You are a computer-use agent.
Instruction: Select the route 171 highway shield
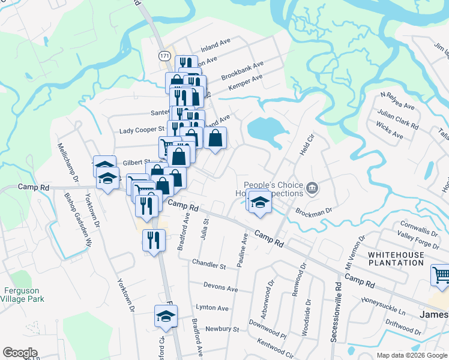pos(164,55)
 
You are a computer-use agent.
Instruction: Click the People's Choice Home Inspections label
pos(274,190)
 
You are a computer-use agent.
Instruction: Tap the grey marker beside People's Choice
pos(312,188)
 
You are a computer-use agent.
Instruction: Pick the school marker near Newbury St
pos(166,316)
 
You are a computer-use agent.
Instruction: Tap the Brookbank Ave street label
pos(243,71)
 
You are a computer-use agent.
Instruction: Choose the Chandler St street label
pos(208,263)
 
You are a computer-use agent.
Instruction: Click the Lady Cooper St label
pos(142,130)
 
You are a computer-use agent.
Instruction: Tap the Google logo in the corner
pos(20,353)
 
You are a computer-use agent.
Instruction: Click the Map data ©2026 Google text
pos(411,355)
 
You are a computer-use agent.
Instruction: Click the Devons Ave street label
pos(220,288)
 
